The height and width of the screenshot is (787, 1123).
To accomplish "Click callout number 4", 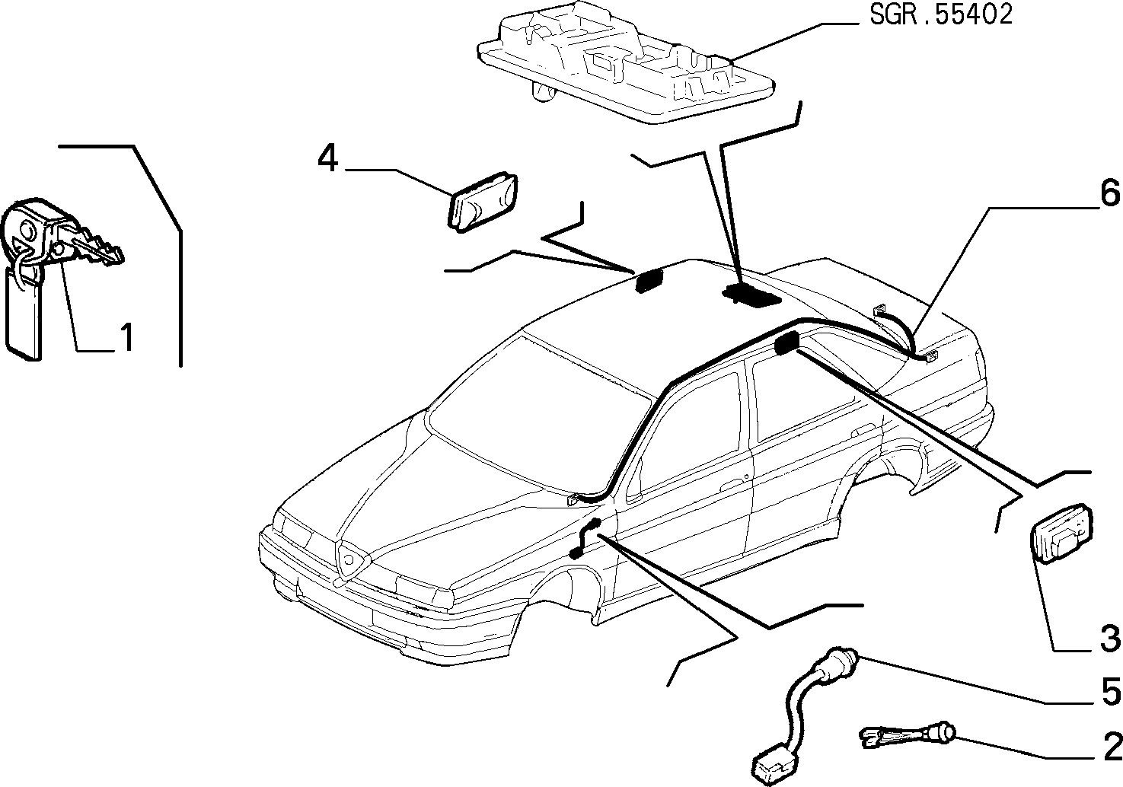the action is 328,158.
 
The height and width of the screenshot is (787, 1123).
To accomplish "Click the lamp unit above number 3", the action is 1061,534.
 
